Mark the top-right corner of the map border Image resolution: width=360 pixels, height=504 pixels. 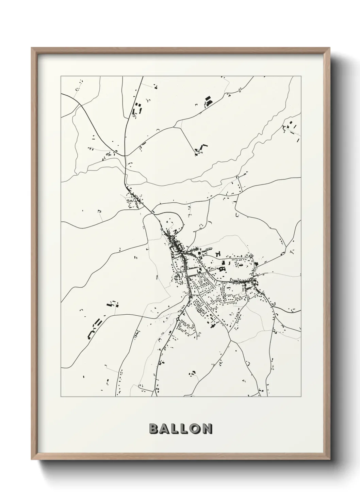(x=301, y=76)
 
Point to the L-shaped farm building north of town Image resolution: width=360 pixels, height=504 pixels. (x=201, y=149)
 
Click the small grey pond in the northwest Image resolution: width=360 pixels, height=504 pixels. (x=109, y=154)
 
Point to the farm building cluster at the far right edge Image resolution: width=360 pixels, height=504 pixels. (x=292, y=128)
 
